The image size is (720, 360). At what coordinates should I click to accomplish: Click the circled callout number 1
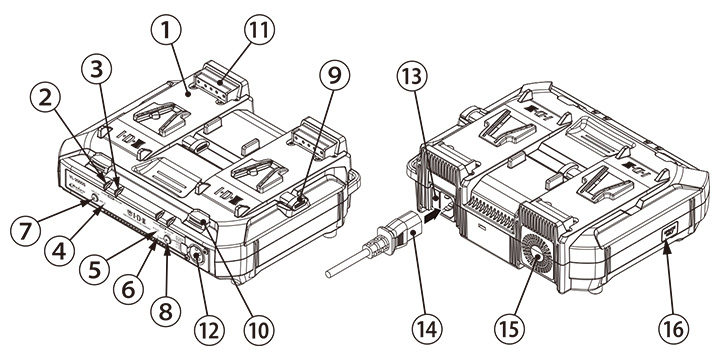click(166, 30)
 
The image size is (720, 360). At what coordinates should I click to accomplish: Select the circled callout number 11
click(259, 30)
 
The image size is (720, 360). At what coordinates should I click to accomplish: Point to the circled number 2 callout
click(45, 100)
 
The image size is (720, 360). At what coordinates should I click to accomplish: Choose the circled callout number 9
click(334, 76)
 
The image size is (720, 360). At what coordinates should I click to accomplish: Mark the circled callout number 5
click(95, 270)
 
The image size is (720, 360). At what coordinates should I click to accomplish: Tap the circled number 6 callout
click(129, 290)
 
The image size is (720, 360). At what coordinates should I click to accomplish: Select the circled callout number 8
click(166, 312)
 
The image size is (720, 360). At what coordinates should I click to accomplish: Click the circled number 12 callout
click(208, 331)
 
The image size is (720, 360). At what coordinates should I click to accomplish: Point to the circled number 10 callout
click(259, 331)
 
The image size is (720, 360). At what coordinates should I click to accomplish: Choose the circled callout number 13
click(412, 77)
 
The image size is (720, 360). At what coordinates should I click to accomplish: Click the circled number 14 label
click(430, 331)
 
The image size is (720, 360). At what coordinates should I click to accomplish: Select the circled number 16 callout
click(675, 331)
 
